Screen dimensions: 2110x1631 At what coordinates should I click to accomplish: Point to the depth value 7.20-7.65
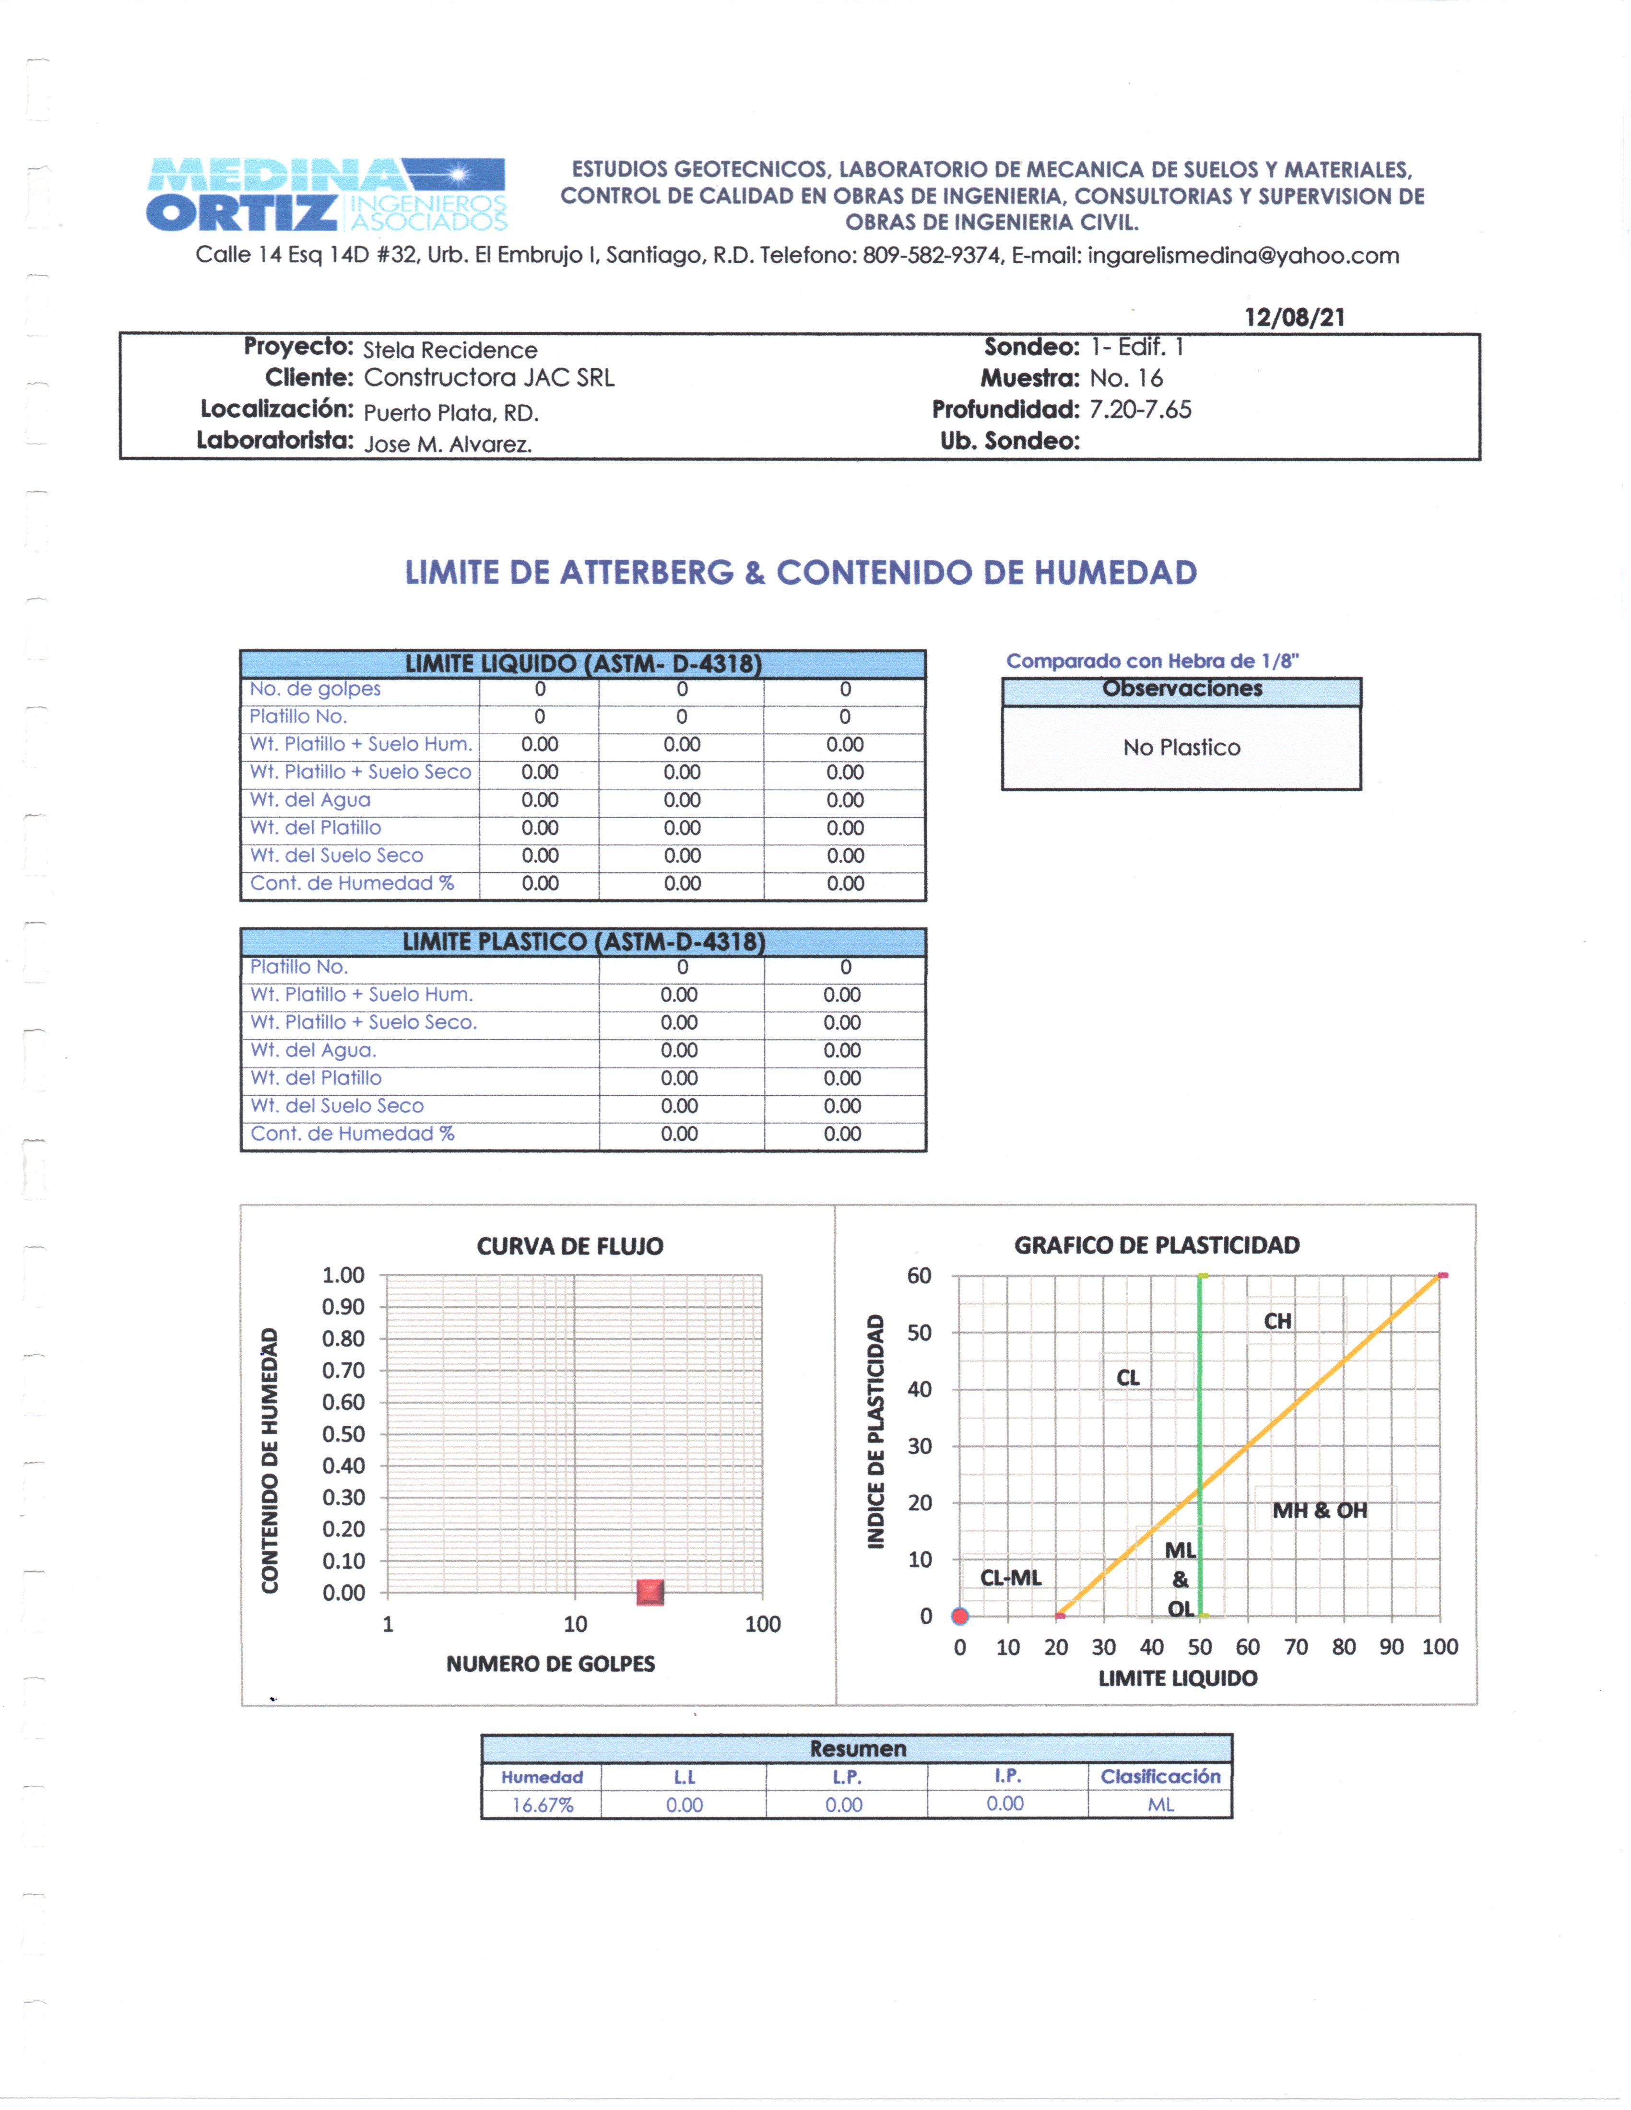click(x=1140, y=410)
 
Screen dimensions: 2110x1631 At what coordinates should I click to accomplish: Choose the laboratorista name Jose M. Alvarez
click(x=448, y=445)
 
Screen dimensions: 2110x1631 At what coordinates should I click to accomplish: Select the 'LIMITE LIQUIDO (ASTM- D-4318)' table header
click(x=583, y=664)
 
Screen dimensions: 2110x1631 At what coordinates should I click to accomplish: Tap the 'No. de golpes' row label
click(x=315, y=689)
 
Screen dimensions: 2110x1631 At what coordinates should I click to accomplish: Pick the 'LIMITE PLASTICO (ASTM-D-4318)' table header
click(x=583, y=942)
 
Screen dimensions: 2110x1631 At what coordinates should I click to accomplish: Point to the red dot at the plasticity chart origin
click(x=959, y=1615)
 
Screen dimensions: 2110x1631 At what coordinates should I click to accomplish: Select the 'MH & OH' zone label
click(x=1319, y=1510)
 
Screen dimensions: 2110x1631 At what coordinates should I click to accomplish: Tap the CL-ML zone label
click(x=1011, y=1578)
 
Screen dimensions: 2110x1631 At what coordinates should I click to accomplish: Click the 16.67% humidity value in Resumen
click(x=542, y=1805)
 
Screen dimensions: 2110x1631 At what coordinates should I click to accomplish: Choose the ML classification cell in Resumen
click(x=1160, y=1805)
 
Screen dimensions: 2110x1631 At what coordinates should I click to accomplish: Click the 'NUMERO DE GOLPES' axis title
click(x=550, y=1664)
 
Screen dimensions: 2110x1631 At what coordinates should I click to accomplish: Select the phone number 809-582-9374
click(x=933, y=256)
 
